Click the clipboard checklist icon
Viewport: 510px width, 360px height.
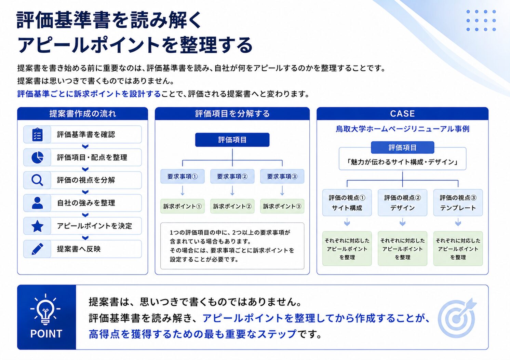tap(37, 135)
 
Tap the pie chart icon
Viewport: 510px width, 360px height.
tap(37, 157)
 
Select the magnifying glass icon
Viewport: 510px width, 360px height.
tap(37, 180)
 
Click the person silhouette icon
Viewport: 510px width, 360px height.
tap(37, 203)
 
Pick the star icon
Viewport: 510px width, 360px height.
tap(37, 226)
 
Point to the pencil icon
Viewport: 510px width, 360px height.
tap(37, 249)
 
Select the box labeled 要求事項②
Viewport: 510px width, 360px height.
tap(232, 176)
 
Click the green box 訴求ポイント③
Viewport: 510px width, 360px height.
tap(282, 206)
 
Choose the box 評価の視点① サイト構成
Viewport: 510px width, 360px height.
tap(347, 203)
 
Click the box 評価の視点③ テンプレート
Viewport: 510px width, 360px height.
tap(458, 203)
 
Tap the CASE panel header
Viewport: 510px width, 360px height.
tap(402, 113)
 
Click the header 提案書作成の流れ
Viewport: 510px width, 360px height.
tap(83, 113)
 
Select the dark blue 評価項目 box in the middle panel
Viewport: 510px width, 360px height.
tap(232, 140)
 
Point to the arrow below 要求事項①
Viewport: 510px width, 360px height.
tap(183, 191)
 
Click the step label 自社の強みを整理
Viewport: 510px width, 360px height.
tap(86, 203)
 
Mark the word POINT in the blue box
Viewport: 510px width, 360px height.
tap(46, 334)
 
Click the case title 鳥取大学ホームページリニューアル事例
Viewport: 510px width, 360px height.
tap(402, 129)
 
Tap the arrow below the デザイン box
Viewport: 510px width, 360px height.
tap(403, 222)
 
